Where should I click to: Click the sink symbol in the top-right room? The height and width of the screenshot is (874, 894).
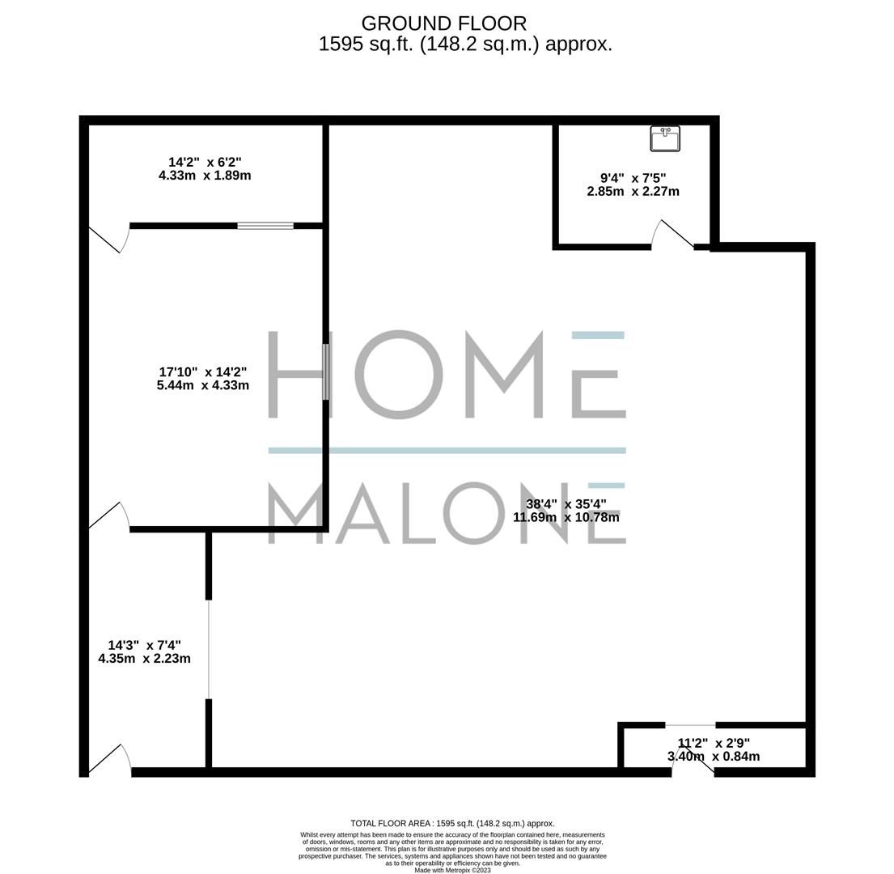[665, 138]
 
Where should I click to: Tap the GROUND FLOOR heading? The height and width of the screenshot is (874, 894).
[443, 23]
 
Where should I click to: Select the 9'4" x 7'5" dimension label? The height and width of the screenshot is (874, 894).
[633, 185]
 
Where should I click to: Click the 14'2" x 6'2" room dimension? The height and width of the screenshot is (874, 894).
[205, 168]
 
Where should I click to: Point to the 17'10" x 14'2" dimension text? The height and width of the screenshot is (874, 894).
[202, 379]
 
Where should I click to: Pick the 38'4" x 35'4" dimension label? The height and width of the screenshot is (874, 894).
[566, 510]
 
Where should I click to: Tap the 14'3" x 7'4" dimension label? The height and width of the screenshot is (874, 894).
[144, 651]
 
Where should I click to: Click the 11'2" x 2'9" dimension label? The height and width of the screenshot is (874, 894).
[713, 749]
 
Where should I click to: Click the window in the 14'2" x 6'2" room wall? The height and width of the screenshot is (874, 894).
[265, 226]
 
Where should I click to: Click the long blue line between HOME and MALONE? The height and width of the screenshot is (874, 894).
[447, 450]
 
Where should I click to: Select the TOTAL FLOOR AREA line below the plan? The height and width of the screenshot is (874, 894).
[452, 823]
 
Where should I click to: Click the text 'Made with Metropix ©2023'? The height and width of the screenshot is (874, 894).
[452, 870]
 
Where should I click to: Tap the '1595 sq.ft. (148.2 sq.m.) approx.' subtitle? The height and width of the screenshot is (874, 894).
[465, 45]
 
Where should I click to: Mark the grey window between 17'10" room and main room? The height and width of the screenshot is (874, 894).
[326, 371]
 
